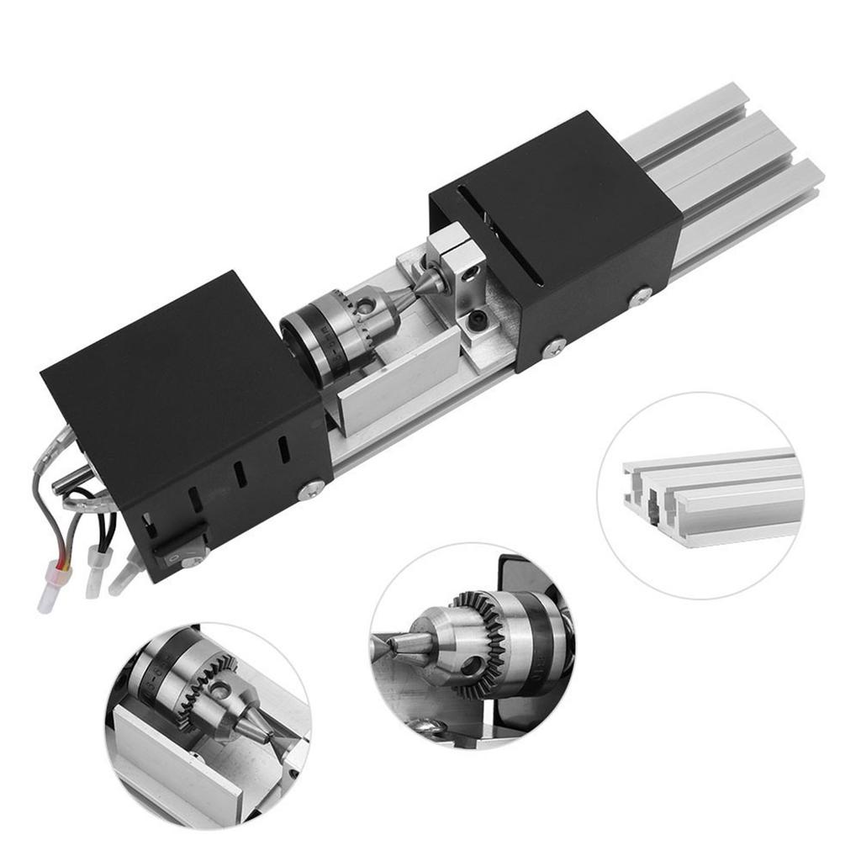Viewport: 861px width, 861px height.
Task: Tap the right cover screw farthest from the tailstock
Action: click(642, 294)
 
